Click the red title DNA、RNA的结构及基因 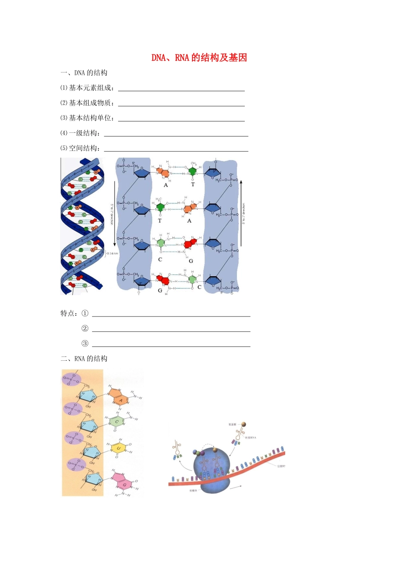pos(199,58)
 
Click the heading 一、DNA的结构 pos(84,73)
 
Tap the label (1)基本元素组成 pos(87,88)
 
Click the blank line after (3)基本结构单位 pos(181,121)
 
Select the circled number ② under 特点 pos(85,328)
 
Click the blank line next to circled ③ pos(171,346)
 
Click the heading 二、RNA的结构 pos(84,359)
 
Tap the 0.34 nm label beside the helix pos(112,253)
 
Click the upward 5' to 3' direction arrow pos(241,214)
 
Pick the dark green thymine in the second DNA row pos(160,207)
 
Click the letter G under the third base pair pos(191,261)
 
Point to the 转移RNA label pos(251,438)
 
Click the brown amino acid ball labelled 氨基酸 pos(244,425)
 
